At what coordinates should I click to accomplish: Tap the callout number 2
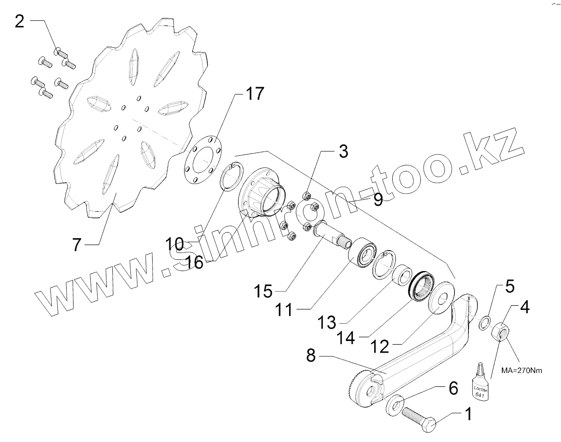point(19,21)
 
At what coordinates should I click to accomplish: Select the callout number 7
point(77,244)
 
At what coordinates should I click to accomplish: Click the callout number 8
point(310,356)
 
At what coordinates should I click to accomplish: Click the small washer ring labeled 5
point(483,321)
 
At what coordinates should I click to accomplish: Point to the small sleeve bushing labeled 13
point(401,276)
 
